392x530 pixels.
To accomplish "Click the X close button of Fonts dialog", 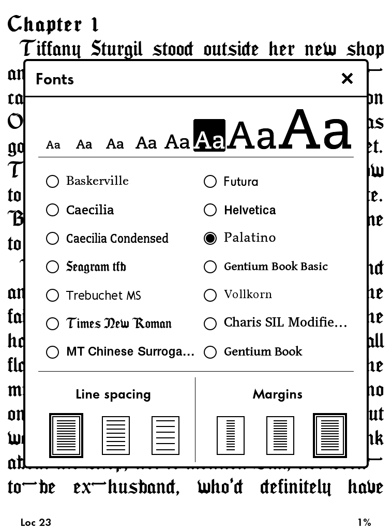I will (347, 79).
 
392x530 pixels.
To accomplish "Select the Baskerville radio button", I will (52, 181).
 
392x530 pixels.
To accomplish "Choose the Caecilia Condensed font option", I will (117, 238).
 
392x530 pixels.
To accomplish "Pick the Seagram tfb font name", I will (96, 267).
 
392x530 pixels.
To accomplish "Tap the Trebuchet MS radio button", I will (52, 295).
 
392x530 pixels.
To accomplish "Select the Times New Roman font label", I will (119, 323).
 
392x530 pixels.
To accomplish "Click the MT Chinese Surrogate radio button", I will (52, 352).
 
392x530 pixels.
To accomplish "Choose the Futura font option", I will (240, 181).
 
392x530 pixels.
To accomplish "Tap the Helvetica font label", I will (250, 210).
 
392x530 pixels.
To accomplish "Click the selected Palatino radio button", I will (210, 238).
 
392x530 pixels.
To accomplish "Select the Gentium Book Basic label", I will (276, 267).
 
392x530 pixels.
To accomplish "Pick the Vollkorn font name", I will (248, 295).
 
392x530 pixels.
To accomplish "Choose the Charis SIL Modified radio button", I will (210, 323).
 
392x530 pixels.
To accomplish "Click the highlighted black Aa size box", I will (209, 136).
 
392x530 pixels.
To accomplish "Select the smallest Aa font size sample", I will (53, 145).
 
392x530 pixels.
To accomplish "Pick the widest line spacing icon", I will (165, 435).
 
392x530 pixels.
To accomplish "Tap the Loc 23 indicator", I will (36, 522).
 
